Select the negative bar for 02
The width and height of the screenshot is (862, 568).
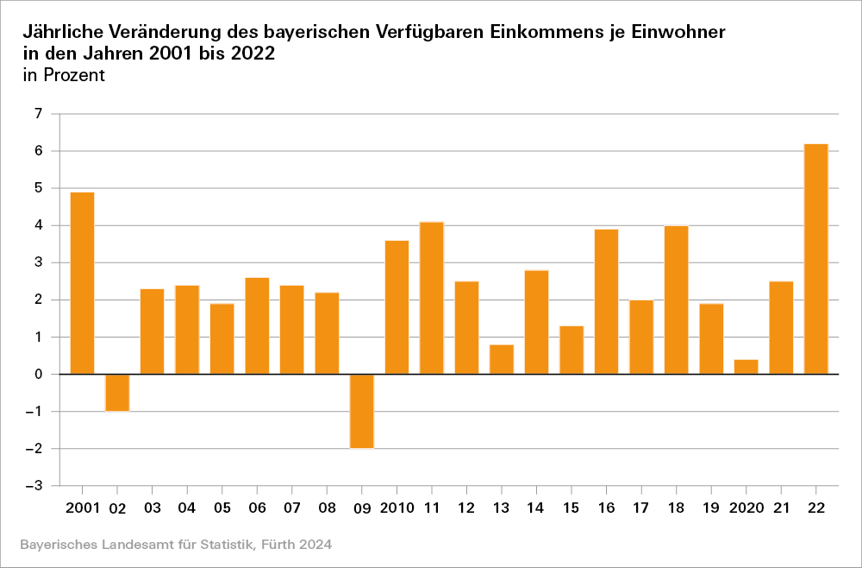[x=117, y=393]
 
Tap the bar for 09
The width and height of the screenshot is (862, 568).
[x=362, y=411]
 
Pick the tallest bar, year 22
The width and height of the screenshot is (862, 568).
[x=816, y=259]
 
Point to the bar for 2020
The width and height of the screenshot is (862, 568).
[x=746, y=367]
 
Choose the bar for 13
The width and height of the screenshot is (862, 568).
[x=502, y=359]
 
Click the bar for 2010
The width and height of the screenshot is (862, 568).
[x=397, y=307]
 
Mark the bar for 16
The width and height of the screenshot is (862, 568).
[x=606, y=301]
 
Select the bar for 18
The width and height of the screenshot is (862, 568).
[x=677, y=300]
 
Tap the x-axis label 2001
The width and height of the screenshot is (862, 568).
[x=82, y=508]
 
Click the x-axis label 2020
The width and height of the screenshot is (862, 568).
[x=746, y=508]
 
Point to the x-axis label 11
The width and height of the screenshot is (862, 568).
[x=432, y=508]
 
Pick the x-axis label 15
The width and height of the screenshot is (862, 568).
[x=572, y=508]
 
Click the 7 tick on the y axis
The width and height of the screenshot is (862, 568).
[x=38, y=114]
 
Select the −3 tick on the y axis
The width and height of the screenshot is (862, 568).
[x=34, y=486]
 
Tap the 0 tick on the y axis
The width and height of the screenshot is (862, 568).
[x=38, y=375]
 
